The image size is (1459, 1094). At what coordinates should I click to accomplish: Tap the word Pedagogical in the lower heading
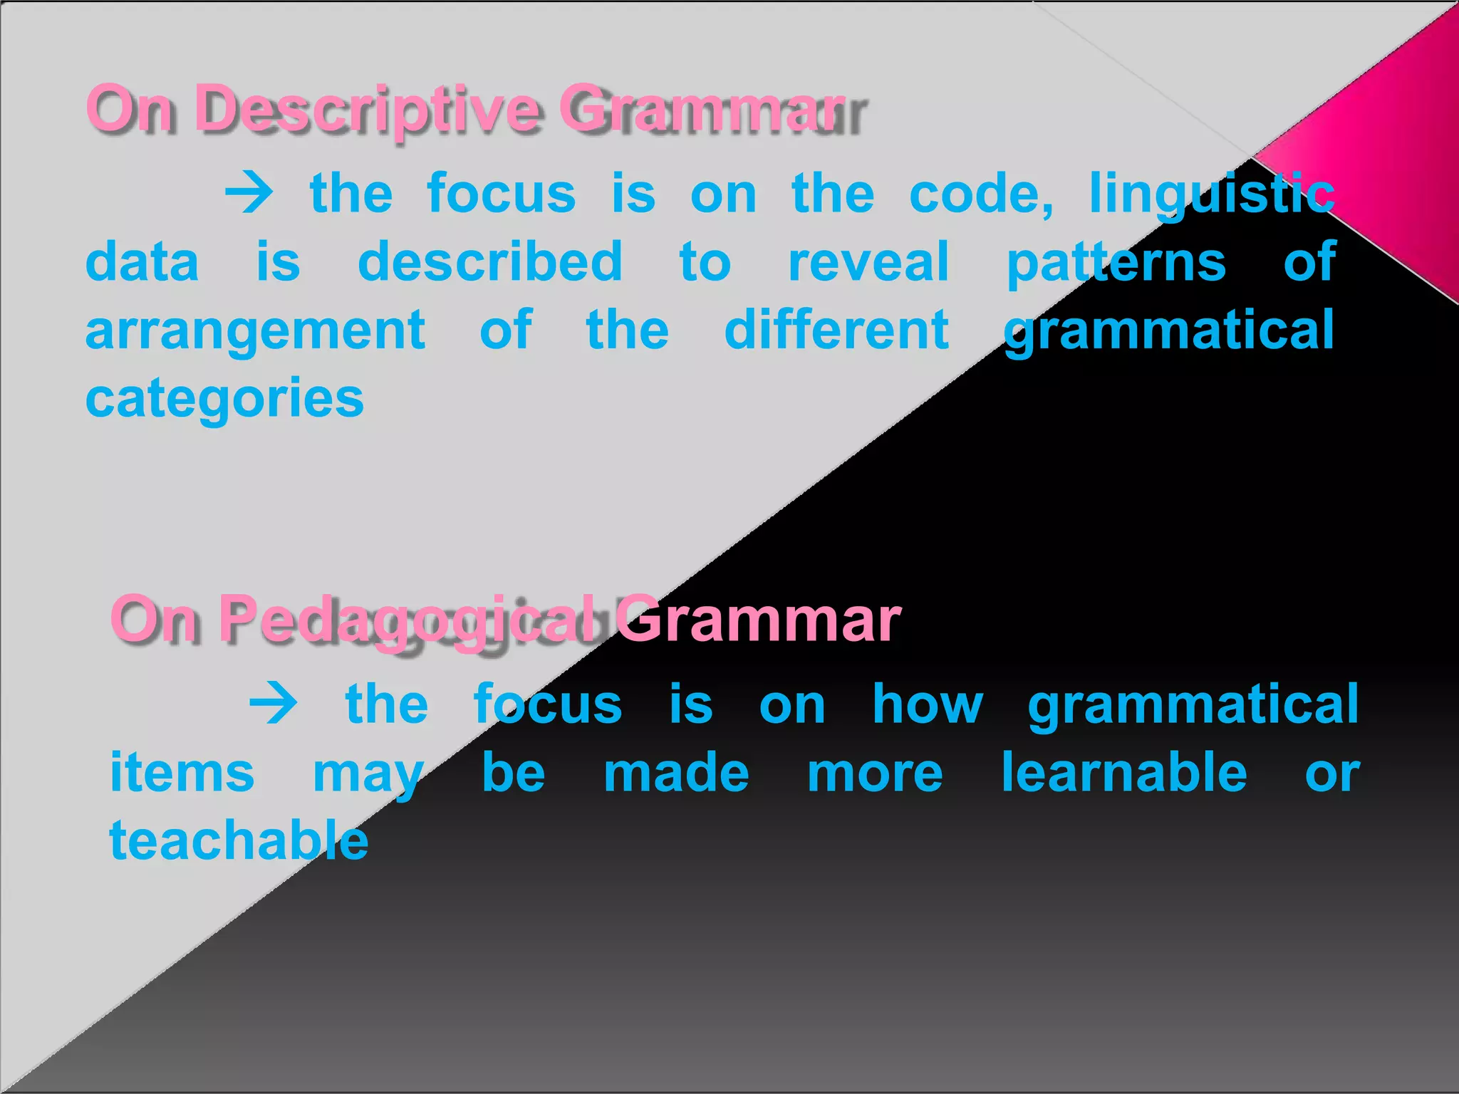406,620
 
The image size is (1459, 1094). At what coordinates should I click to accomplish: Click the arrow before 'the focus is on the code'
249,193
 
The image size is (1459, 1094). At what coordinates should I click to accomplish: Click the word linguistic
1211,194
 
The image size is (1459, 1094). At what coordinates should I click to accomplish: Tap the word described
490,261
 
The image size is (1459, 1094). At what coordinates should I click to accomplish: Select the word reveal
868,261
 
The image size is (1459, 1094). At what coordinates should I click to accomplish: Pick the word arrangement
255,331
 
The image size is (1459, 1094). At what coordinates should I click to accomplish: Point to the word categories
224,399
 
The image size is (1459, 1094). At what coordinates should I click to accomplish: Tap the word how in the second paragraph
928,704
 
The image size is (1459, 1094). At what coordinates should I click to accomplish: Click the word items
182,772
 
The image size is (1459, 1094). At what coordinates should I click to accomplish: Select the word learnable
1124,772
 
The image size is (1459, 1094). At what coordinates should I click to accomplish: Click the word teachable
239,840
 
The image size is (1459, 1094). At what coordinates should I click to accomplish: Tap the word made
676,772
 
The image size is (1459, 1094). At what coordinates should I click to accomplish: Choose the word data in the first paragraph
142,261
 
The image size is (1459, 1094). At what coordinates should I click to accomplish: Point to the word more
875,773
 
